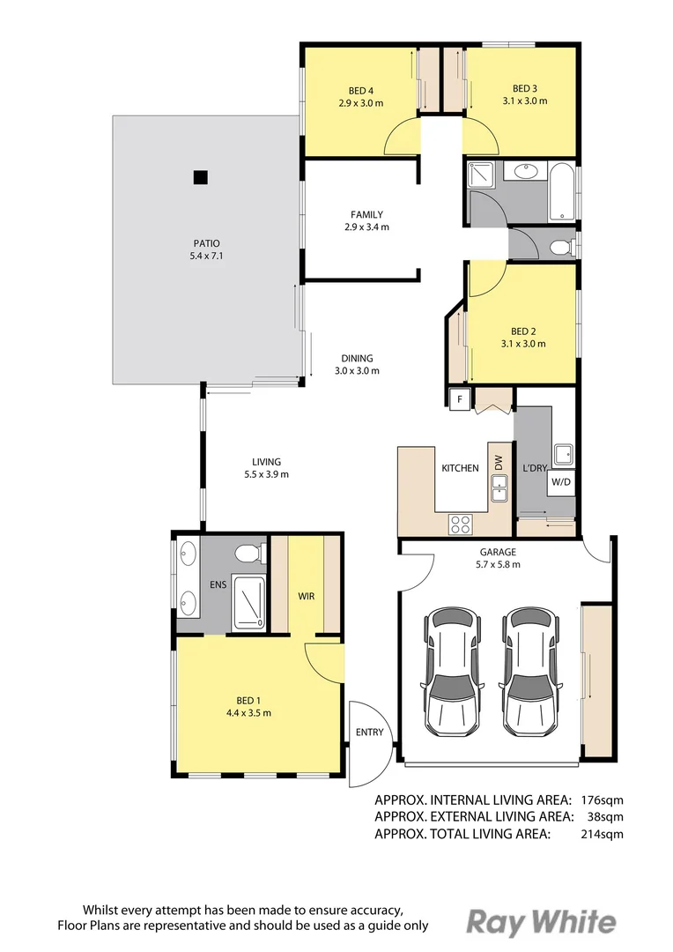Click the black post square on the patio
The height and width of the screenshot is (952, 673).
pyautogui.click(x=201, y=176)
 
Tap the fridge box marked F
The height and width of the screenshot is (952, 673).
pyautogui.click(x=459, y=400)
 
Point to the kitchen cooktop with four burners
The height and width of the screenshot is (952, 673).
pyautogui.click(x=460, y=524)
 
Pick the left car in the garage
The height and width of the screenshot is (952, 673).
pyautogui.click(x=454, y=671)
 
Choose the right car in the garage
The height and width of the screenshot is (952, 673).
pyautogui.click(x=531, y=671)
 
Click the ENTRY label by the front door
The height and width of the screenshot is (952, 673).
pyautogui.click(x=369, y=733)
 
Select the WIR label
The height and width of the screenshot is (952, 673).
pyautogui.click(x=306, y=597)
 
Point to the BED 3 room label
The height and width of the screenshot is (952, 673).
pyautogui.click(x=525, y=88)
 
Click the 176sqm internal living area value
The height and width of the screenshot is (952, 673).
pyautogui.click(x=602, y=800)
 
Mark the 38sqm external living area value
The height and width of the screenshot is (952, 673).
pyautogui.click(x=606, y=817)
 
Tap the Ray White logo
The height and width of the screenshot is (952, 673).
pyautogui.click(x=540, y=922)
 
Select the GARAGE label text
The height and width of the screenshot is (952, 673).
pyautogui.click(x=498, y=553)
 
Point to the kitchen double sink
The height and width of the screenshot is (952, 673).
pyautogui.click(x=499, y=487)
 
